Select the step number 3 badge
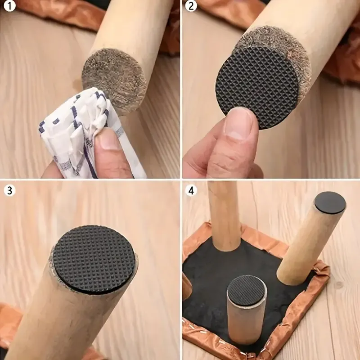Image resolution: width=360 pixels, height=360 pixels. [9, 191]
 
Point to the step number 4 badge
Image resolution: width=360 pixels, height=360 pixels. [193, 191]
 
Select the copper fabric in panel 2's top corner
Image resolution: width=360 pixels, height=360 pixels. [229, 9]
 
